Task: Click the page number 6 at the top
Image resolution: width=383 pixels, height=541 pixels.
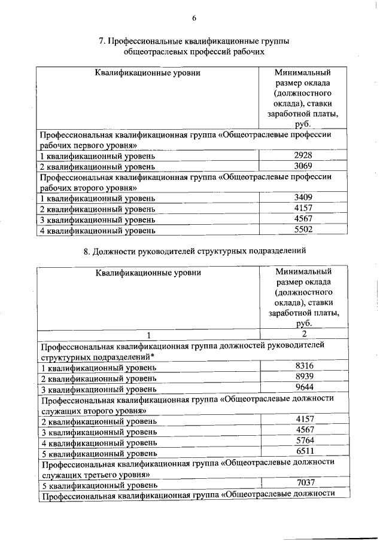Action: click(x=194, y=18)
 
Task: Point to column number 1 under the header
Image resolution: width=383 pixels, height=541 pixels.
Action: click(x=149, y=334)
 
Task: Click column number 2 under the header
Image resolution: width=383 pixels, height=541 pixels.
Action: click(x=304, y=334)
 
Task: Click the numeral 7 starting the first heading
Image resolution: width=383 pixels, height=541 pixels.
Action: click(x=101, y=41)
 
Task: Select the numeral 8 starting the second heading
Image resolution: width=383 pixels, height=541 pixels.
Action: click(x=87, y=251)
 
